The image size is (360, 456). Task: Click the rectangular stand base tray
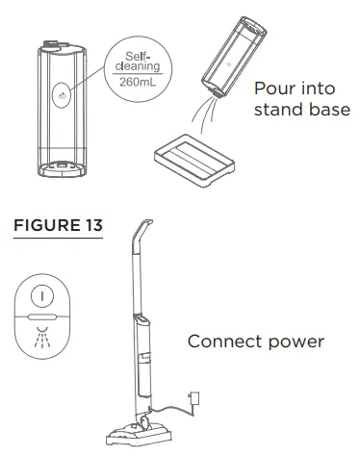tap(198, 158)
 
